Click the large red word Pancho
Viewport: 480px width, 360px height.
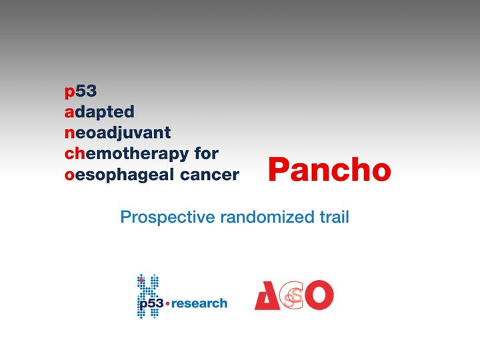point(330,170)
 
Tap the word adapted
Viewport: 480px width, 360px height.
point(99,112)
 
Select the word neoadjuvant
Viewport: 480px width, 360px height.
point(117,133)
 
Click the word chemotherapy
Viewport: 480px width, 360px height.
point(127,154)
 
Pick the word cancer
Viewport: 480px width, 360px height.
point(210,175)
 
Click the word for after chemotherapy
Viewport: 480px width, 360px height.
point(206,153)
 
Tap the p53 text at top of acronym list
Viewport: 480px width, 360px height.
point(81,91)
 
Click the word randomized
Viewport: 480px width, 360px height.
point(267,217)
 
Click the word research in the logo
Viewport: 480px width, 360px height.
point(199,304)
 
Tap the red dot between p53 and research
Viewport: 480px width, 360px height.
point(167,304)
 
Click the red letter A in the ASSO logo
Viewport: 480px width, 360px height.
point(267,296)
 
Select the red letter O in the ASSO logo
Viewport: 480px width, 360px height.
point(319,295)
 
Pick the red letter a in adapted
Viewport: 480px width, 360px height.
point(69,113)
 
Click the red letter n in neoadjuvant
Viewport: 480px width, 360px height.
point(70,133)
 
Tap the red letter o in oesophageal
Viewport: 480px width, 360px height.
point(69,175)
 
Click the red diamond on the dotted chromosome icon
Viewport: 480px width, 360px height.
point(141,281)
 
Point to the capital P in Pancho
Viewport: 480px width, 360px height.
point(279,170)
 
